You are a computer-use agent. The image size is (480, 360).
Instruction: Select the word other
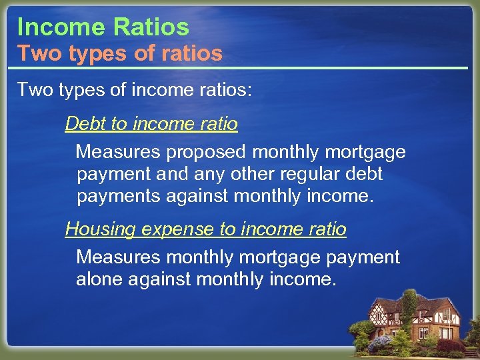[252, 175]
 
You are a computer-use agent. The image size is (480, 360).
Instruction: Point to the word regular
[311, 175]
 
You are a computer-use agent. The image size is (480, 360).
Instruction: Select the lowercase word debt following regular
[365, 175]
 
